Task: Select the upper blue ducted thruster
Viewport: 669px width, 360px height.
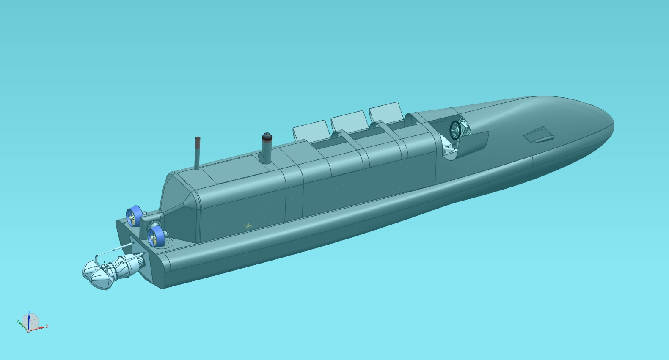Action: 134,216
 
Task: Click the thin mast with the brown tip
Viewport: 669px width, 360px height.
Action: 197,154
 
